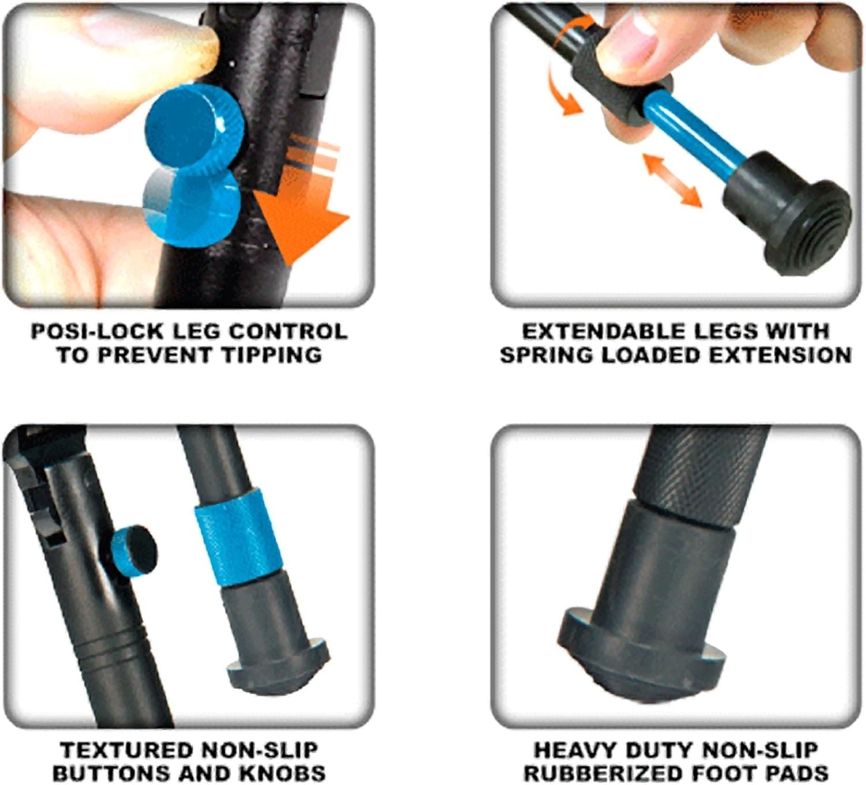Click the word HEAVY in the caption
[x=571, y=750]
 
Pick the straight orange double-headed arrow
[x=672, y=181]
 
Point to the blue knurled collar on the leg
[x=233, y=535]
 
